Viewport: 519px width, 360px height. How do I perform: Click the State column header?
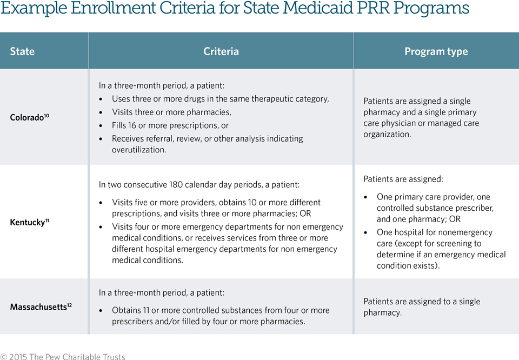[x=22, y=51]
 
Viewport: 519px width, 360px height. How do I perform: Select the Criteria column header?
[x=221, y=51]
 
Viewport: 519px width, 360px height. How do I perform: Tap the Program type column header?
[x=436, y=51]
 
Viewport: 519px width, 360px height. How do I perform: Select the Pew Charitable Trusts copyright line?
[x=63, y=356]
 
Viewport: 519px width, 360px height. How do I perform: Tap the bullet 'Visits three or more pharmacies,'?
[x=171, y=112]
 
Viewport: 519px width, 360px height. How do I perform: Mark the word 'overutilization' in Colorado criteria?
[x=138, y=150]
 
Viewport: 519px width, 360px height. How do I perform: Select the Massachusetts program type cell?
[x=422, y=306]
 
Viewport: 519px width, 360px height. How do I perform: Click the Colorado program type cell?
[x=421, y=117]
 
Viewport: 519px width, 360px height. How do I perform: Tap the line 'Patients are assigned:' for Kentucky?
[x=403, y=179]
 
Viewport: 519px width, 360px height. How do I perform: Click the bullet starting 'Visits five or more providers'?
[x=216, y=208]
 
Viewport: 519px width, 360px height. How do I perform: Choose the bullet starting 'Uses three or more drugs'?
[x=220, y=99]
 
